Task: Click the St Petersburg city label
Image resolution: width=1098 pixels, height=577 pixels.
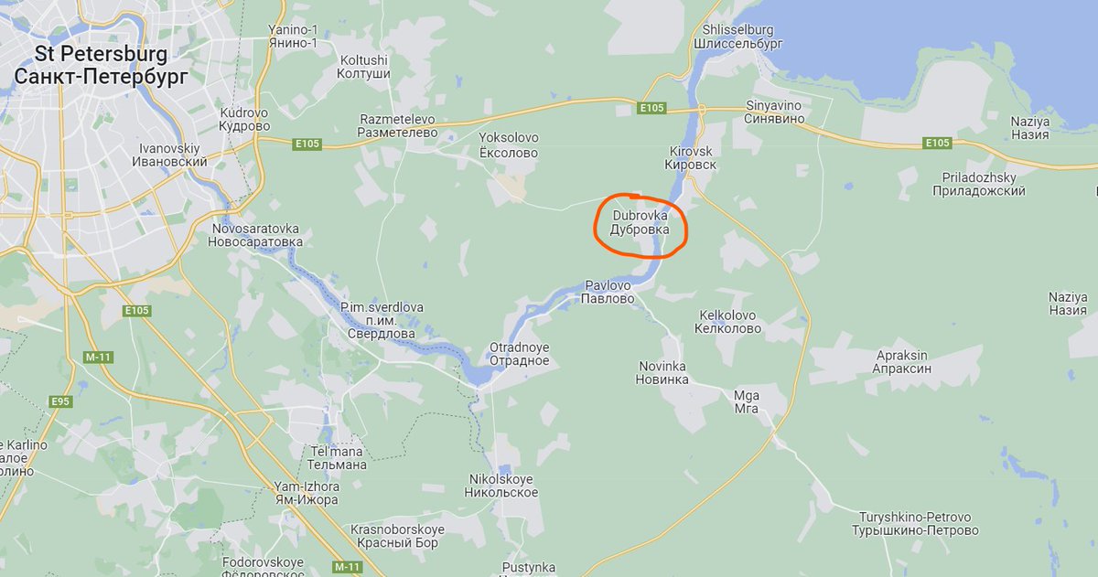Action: (101, 65)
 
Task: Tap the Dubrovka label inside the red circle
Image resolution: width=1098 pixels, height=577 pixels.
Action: (640, 223)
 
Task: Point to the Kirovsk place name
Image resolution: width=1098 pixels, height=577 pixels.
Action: (691, 157)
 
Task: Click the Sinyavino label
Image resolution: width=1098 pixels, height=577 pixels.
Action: (773, 112)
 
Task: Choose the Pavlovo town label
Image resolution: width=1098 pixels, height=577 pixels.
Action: (608, 292)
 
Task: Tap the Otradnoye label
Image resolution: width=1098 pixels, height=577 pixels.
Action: (519, 354)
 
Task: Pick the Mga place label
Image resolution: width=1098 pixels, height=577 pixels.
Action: (747, 401)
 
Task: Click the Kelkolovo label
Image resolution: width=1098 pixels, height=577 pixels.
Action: (729, 321)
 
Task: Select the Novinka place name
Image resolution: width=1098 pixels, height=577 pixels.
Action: (662, 372)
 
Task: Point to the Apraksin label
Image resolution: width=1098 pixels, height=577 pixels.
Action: (902, 361)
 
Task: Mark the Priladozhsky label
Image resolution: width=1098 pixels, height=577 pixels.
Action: (978, 184)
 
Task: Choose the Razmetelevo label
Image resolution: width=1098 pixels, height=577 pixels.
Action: (398, 125)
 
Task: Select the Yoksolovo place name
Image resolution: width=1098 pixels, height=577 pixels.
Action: (509, 144)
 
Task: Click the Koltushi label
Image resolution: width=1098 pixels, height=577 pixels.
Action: (365, 67)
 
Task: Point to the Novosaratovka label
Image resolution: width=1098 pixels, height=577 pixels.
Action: (255, 235)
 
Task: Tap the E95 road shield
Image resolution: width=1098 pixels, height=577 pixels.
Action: (61, 401)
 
